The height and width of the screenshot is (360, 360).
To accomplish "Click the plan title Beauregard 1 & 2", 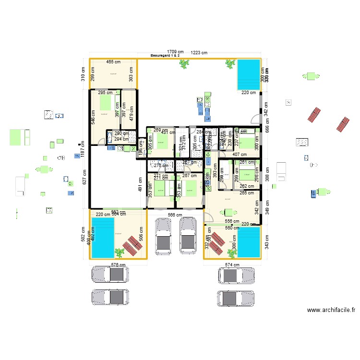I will pyautogui.click(x=165, y=56).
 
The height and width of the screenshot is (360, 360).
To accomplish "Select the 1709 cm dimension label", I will pyautogui.click(x=175, y=51).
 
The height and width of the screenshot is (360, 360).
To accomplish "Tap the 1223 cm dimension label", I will pyautogui.click(x=198, y=53).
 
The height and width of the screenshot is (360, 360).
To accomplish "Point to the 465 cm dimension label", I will pyautogui.click(x=113, y=62).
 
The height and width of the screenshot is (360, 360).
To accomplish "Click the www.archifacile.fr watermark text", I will pyautogui.click(x=331, y=310).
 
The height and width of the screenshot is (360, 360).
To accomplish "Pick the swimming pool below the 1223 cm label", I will pyautogui.click(x=248, y=74).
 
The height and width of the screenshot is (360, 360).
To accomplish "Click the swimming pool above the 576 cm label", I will pyautogui.click(x=103, y=237).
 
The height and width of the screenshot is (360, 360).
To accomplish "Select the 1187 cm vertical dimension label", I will pyautogui.click(x=83, y=149).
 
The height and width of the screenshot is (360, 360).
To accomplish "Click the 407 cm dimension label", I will pyautogui.click(x=239, y=155).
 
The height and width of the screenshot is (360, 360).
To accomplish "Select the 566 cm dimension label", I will pyautogui.click(x=175, y=215).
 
